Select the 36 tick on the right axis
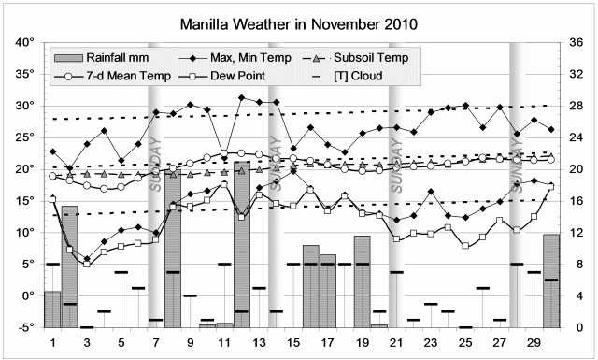[577, 42]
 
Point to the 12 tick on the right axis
[577, 232]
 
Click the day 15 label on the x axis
[293, 342]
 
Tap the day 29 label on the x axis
[534, 342]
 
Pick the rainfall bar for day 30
[551, 281]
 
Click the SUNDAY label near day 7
[156, 166]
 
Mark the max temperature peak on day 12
[242, 97]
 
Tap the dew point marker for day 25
[465, 246]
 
